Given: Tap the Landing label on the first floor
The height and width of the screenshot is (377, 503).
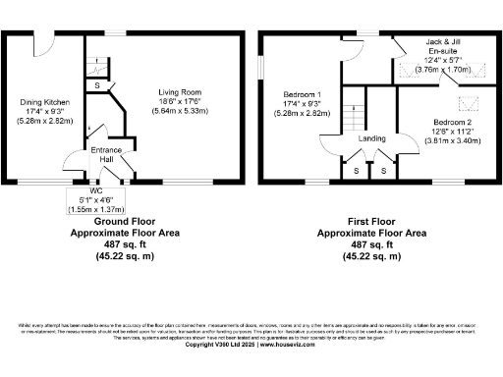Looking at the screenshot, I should coord(372,139).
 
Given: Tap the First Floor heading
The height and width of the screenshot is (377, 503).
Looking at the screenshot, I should coord(360,223).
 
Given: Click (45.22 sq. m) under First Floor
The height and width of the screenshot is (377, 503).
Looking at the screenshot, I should coord(360,255).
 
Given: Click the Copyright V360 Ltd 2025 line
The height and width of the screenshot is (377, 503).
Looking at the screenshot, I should coord(251,345).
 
